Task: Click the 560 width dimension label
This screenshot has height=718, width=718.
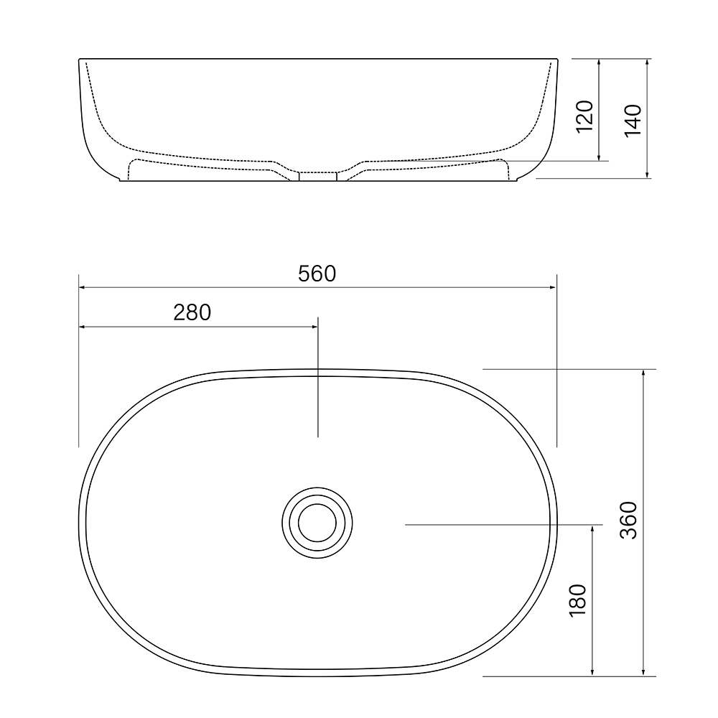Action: pos(317,274)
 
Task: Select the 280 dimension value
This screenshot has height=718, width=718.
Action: pos(192,313)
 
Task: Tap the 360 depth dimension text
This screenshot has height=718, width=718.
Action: pos(628,521)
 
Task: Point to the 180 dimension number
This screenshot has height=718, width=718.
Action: pos(578,600)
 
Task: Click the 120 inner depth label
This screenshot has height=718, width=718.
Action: pos(585,116)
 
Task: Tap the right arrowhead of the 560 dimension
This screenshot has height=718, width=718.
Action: pos(553,287)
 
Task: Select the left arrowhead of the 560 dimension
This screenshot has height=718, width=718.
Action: pos(82,287)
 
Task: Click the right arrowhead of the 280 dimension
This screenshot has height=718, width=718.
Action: pos(314,327)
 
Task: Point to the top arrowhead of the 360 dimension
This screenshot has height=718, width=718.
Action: pos(643,373)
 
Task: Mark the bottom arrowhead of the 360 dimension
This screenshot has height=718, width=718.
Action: pos(643,673)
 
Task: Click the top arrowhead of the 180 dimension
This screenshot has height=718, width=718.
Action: pos(592,528)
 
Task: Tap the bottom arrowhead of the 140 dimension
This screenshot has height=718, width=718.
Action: pos(648,174)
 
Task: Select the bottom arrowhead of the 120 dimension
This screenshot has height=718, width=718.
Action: pos(599,157)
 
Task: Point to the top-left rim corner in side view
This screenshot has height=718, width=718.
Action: pos(79,60)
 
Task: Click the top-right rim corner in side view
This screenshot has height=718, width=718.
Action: pos(556,60)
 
